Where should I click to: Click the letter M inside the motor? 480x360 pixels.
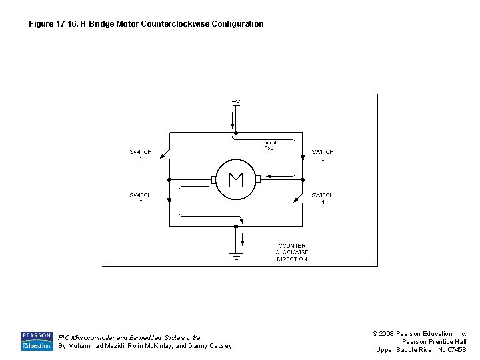[x=235, y=179]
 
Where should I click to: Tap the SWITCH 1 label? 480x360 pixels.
[x=141, y=155]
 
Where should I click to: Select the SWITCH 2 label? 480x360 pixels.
[x=323, y=155]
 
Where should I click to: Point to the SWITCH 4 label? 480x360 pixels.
[x=323, y=198]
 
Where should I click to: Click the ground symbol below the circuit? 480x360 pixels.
[x=236, y=256]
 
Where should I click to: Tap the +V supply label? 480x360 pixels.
[x=236, y=101]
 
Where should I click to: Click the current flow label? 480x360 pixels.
[x=269, y=145]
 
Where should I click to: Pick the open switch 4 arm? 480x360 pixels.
[x=298, y=197]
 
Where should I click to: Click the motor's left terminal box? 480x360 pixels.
[x=213, y=179]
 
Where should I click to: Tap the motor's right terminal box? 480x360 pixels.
[x=258, y=179]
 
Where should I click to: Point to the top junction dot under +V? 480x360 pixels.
[x=236, y=133]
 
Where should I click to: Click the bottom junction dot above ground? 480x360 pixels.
[x=236, y=226]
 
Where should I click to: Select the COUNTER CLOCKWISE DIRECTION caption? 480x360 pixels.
[x=292, y=252]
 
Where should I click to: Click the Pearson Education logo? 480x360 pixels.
[x=36, y=341]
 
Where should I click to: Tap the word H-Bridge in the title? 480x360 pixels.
[x=99, y=24]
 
